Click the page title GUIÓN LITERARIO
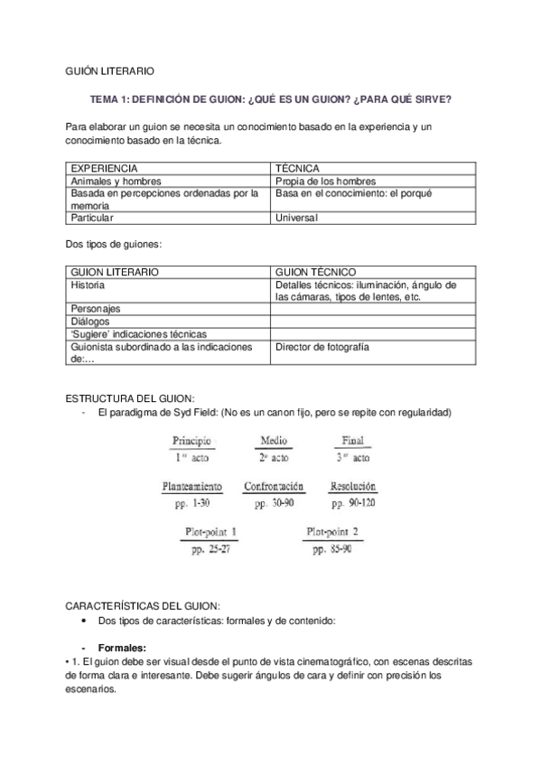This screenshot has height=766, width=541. point(110,70)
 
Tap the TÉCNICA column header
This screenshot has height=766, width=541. point(297,168)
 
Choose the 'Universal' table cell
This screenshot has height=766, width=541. point(297,218)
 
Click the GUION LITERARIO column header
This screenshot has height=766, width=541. point(115,271)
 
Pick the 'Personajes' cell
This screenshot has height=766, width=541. point(96,308)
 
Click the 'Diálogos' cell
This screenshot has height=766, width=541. point(90,321)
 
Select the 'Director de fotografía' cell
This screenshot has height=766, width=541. point(322,346)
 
